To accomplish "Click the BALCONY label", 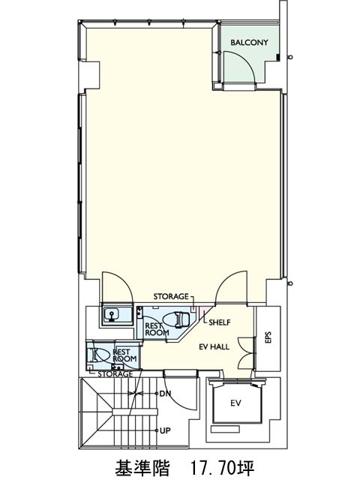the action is pyautogui.click(x=249, y=43).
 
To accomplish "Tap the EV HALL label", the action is pyautogui.click(x=214, y=346).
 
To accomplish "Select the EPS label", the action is pyautogui.click(x=268, y=337).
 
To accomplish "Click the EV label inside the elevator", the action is pyautogui.click(x=235, y=403).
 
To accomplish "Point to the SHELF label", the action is pyautogui.click(x=220, y=322).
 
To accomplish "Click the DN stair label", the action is pyautogui.click(x=165, y=394).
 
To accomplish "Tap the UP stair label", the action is pyautogui.click(x=165, y=430).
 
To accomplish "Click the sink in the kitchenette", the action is pyautogui.click(x=112, y=315).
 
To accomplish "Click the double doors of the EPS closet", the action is pyautogui.click(x=247, y=353).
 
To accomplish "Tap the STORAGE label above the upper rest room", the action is pyautogui.click(x=171, y=296).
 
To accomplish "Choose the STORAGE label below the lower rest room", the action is pyautogui.click(x=115, y=373).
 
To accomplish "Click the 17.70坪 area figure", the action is pyautogui.click(x=222, y=467).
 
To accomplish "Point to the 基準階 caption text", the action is pyautogui.click(x=142, y=467).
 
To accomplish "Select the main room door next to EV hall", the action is pyautogui.click(x=232, y=288).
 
